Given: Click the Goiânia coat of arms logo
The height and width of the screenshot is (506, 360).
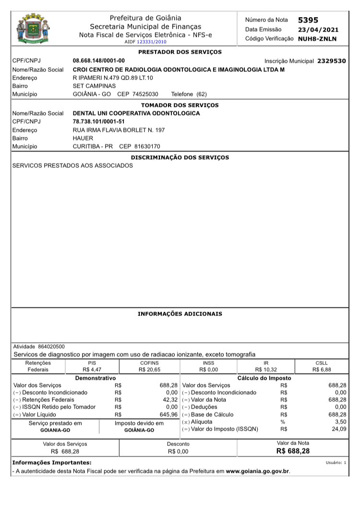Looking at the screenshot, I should click(33, 29).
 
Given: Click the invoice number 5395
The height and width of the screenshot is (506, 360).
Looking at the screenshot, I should click(308, 20).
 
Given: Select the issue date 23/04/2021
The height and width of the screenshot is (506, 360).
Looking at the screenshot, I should click(318, 30).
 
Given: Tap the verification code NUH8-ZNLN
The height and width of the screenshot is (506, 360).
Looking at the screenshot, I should click(317, 39).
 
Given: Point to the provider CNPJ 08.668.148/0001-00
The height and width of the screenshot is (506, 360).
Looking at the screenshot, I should click(98, 61).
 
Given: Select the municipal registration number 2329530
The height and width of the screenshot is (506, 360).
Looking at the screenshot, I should click(331, 61).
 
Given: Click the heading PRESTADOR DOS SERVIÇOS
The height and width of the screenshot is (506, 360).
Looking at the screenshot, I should click(180, 52).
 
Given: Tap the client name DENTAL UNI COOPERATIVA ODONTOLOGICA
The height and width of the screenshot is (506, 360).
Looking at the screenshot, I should click(136, 113).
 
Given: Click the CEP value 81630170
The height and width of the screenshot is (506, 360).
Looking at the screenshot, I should click(147, 146).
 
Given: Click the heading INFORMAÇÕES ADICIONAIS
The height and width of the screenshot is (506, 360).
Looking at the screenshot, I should click(180, 314).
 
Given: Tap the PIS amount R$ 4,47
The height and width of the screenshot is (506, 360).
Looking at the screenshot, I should click(92, 370).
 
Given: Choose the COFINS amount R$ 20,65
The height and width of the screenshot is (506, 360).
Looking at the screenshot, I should click(149, 370).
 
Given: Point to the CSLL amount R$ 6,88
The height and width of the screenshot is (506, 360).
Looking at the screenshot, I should click(322, 370).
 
